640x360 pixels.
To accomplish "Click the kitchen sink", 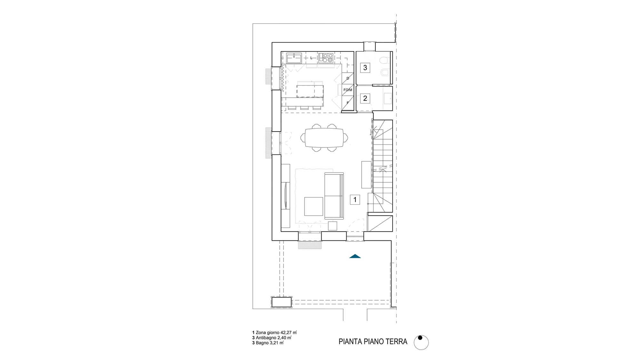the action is pos(70,58).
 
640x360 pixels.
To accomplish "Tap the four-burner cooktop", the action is pos(326,58).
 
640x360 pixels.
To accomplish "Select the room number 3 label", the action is pos(365,68).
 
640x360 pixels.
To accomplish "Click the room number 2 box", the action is pos(365,99).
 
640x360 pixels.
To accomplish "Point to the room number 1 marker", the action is pos(355,200).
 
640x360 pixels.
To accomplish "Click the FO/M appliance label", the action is pos(348,90).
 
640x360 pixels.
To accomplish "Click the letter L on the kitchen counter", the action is pos(311,58).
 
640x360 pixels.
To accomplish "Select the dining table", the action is pos(324,138).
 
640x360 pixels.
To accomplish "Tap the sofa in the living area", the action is pos(334,196).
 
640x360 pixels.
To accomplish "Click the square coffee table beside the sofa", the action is pos(314,206).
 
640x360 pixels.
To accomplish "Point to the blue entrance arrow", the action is pos(355,256).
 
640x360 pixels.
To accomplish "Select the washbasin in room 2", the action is pos(388,98).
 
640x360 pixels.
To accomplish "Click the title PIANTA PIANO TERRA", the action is pos(373,342).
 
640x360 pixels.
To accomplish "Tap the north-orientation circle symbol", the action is pos(421,342).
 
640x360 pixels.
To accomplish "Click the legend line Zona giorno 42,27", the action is pos(275,333).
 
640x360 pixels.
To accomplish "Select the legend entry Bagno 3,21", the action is pos(268,343).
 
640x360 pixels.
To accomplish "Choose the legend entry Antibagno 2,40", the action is pos(272,338).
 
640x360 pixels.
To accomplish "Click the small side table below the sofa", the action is pos(332,226).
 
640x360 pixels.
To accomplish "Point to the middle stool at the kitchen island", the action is pos(304,108).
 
